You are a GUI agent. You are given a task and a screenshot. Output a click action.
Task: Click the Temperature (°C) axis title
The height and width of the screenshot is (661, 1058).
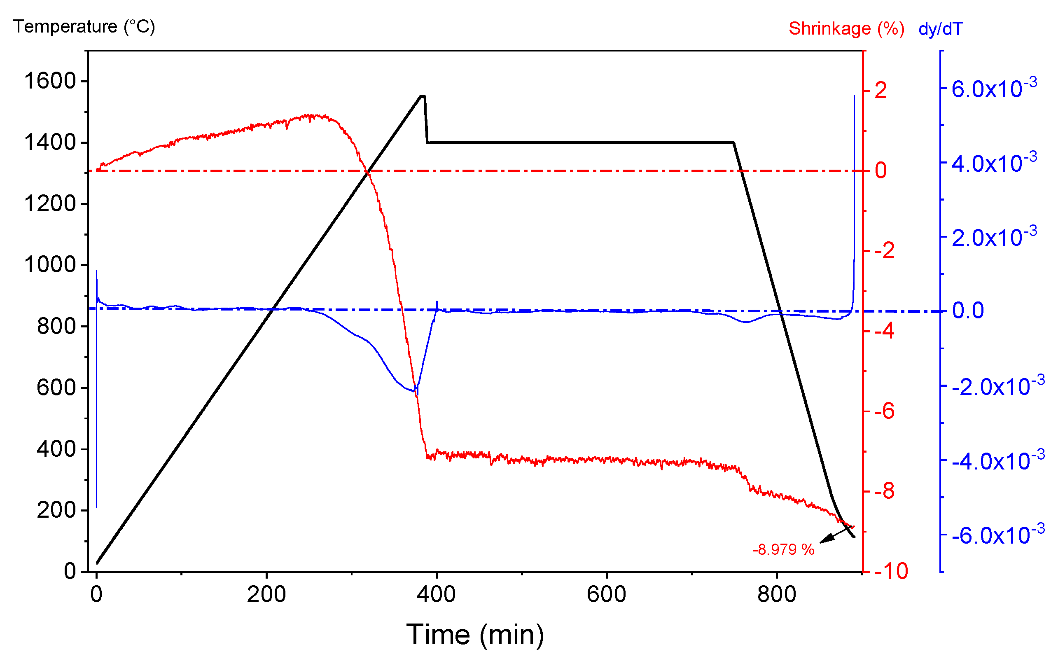(84, 27)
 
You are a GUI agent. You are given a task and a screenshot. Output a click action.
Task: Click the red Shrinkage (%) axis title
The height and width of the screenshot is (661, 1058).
(846, 29)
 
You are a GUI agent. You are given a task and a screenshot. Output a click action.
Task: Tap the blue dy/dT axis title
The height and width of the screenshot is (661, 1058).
(940, 29)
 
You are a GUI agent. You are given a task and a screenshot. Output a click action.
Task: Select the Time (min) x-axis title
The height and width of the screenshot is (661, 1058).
(475, 634)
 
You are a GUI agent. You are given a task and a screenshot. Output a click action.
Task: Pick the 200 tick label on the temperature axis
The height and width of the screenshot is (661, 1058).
(56, 510)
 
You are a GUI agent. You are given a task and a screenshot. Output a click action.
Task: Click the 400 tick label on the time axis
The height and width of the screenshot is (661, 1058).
(436, 595)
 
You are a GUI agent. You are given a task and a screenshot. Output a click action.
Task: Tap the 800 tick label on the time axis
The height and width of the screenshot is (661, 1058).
(776, 595)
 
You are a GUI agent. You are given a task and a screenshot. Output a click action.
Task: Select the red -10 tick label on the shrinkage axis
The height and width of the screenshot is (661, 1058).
(891, 571)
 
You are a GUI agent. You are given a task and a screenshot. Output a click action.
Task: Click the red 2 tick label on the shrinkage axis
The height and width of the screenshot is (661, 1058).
(880, 91)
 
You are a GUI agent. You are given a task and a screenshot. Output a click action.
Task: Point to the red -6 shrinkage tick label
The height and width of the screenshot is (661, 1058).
(885, 411)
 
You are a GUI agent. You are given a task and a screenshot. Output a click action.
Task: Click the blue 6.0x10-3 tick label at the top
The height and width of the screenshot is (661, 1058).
(993, 89)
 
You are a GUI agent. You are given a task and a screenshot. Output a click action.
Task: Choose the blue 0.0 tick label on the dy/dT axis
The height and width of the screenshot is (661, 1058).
(968, 311)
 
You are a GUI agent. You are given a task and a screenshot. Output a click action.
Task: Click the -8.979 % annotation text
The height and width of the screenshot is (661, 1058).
(783, 549)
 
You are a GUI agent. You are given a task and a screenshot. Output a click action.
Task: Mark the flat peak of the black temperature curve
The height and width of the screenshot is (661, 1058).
(422, 96)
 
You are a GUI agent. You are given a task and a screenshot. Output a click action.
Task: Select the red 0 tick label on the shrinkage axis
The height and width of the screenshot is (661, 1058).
(880, 170)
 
